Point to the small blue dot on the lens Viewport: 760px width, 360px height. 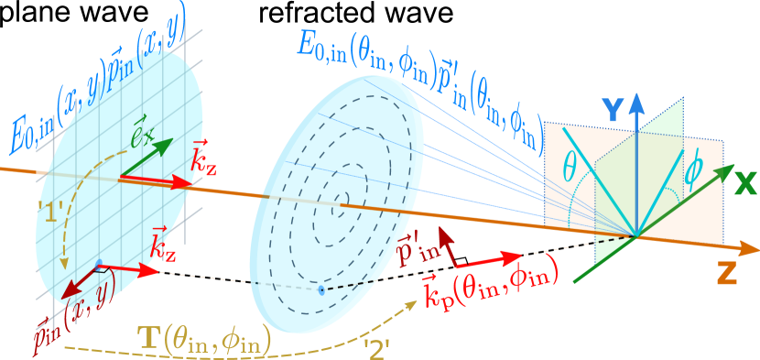(320, 290)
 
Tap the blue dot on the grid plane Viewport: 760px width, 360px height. (99, 266)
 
